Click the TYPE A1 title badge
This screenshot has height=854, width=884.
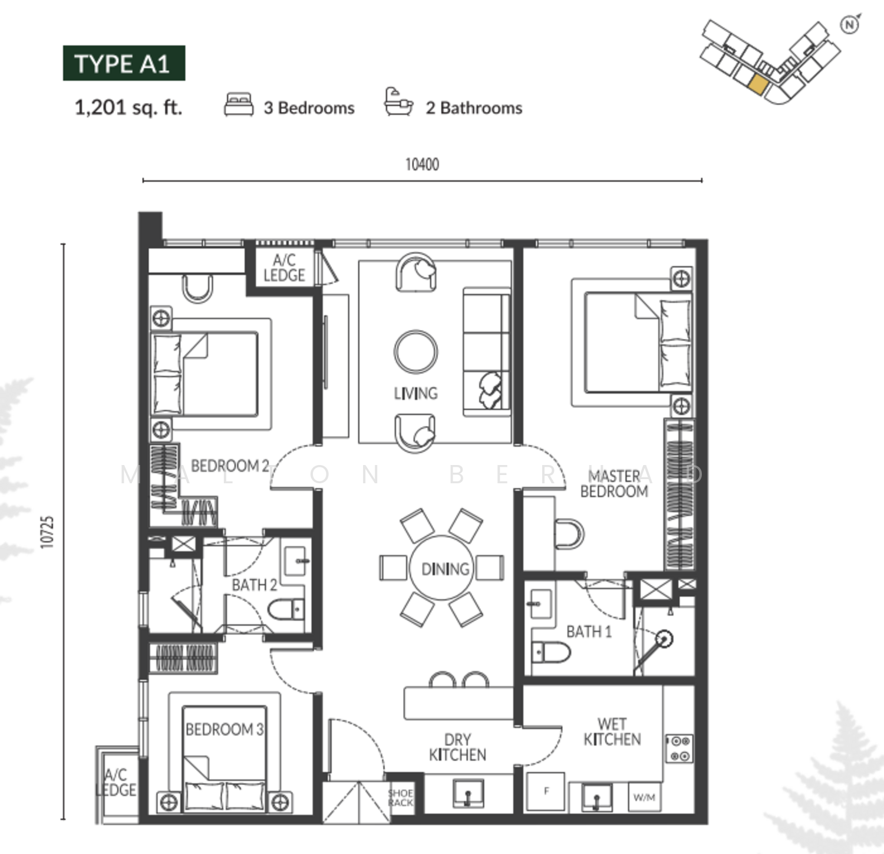[x=124, y=63]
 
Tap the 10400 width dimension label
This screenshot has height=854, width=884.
[x=422, y=164]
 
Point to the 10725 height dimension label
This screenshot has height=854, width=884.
[x=48, y=532]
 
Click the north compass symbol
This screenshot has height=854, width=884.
[x=849, y=25]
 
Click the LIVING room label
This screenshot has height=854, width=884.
[x=415, y=393]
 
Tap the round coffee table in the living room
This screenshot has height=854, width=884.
[x=415, y=352]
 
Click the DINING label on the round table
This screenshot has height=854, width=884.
[x=445, y=569]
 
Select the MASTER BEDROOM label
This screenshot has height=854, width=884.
[x=614, y=483]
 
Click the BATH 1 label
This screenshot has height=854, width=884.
[x=589, y=632]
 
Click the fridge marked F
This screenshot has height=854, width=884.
[x=546, y=791]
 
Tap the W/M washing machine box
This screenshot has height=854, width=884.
[x=644, y=797]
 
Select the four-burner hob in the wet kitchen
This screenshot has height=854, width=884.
[x=680, y=748]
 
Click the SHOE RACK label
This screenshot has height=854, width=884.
[x=401, y=798]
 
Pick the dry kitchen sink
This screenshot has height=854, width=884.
[x=469, y=793]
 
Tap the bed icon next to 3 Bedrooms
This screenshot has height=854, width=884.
[x=239, y=104]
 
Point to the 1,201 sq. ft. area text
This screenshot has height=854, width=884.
[x=128, y=107]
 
